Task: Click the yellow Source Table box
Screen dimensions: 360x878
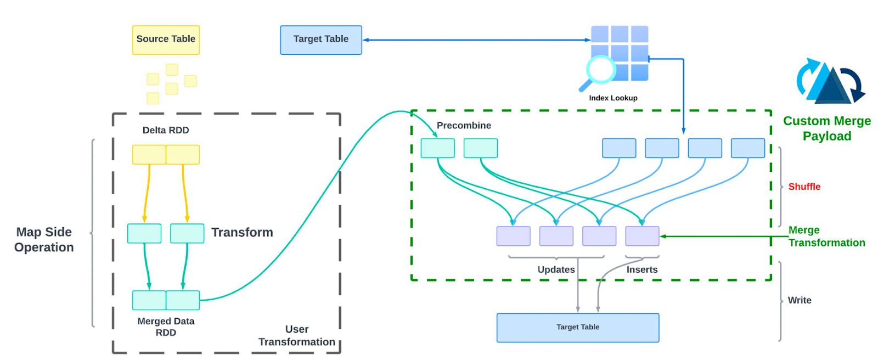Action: (x=166, y=40)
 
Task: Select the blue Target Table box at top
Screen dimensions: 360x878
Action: (x=321, y=40)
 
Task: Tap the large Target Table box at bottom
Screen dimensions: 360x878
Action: (x=578, y=328)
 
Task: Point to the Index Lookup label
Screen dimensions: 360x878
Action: (x=613, y=98)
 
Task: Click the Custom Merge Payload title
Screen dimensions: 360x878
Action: (x=827, y=128)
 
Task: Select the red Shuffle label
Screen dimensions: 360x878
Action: (x=804, y=187)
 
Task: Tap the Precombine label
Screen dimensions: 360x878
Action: (x=464, y=126)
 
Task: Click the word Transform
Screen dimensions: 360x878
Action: (x=242, y=233)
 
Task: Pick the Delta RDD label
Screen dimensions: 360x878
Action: (x=166, y=131)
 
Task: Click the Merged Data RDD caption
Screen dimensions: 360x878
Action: (x=166, y=327)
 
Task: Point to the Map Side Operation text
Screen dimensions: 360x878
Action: (x=44, y=240)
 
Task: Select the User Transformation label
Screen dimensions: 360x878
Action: (x=297, y=335)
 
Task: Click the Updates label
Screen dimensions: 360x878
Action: (x=556, y=269)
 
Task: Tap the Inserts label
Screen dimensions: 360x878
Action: (x=642, y=269)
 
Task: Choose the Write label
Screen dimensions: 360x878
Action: (x=800, y=300)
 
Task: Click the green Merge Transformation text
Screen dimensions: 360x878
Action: (x=826, y=237)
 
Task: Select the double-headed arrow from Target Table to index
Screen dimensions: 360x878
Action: (x=476, y=40)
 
